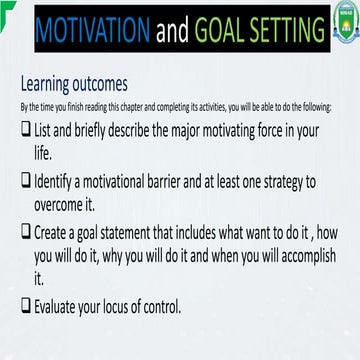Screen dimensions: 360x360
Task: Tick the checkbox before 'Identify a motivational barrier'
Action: coord(26,181)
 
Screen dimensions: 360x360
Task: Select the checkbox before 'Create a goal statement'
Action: coord(26,231)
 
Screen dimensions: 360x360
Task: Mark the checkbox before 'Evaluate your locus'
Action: coord(26,307)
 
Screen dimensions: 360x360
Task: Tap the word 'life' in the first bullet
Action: coord(44,154)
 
